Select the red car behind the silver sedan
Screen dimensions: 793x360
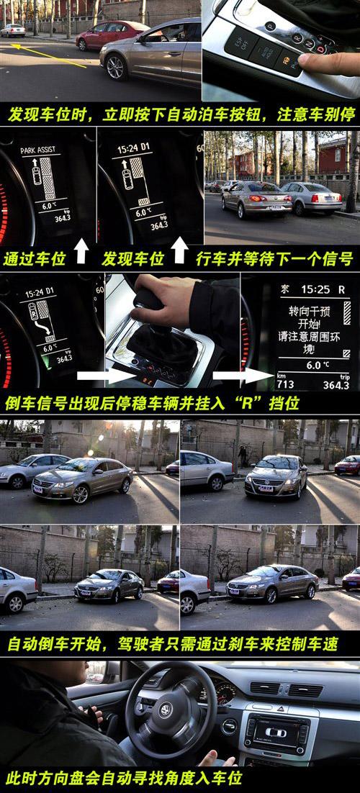[x=108, y=34]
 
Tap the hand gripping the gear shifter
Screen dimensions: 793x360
[x=163, y=302]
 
